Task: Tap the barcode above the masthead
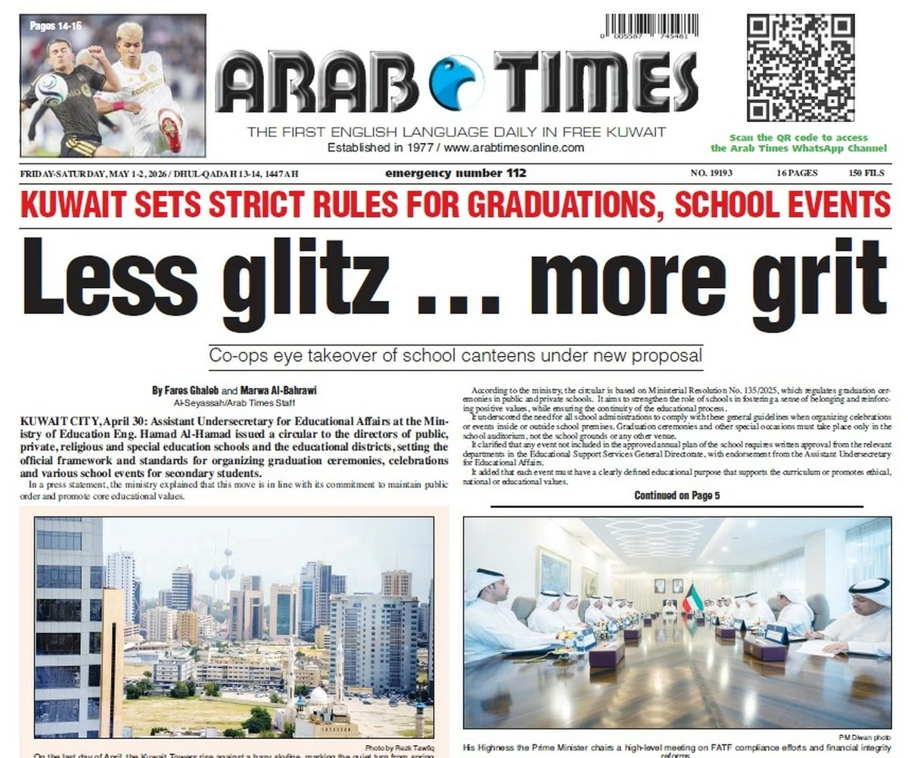click(x=650, y=27)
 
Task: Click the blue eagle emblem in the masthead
click(x=456, y=82)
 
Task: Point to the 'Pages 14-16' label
click(x=56, y=26)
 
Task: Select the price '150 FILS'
click(x=866, y=173)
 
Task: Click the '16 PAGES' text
click(x=797, y=173)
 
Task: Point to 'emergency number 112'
click(x=456, y=173)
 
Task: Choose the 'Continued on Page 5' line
click(x=677, y=496)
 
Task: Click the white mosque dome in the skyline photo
click(x=319, y=695)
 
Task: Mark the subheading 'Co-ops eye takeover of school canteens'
click(x=456, y=355)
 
